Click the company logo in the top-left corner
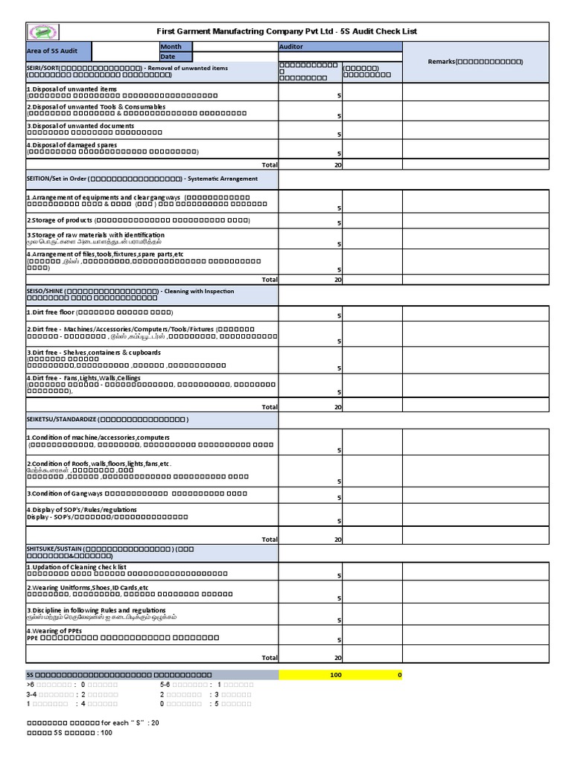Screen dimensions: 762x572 [43, 32]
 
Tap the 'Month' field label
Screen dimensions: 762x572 [175, 47]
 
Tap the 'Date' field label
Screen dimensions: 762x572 [175, 57]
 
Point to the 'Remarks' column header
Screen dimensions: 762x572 [475, 61]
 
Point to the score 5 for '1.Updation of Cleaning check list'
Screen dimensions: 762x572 [339, 576]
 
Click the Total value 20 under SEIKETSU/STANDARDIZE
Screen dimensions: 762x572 [337, 540]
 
